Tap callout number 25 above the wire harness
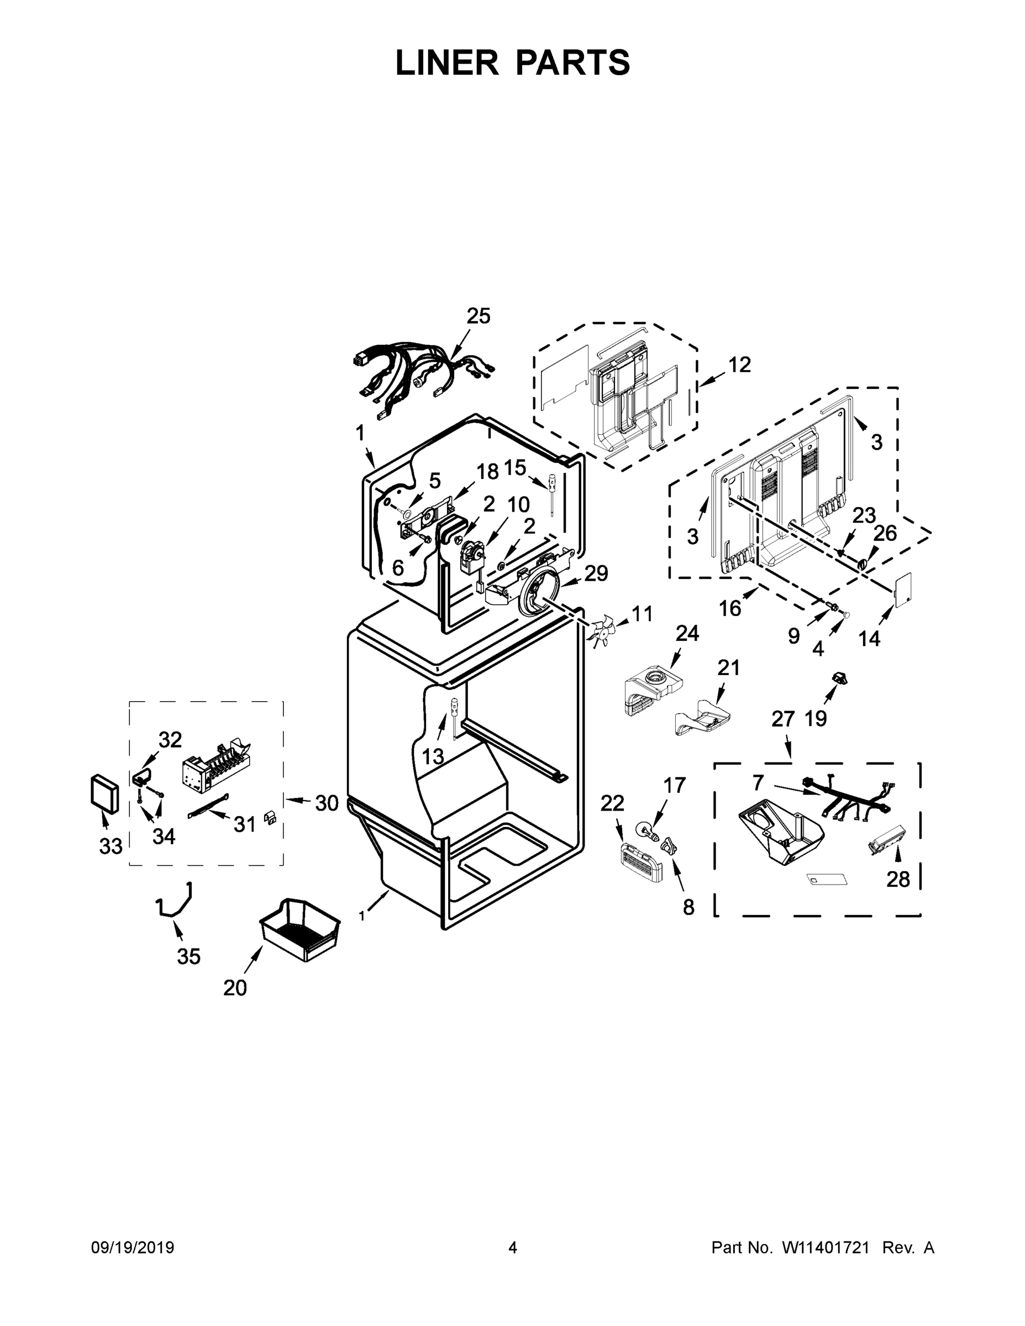(x=478, y=315)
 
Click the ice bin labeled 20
(x=299, y=929)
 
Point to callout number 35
(x=188, y=956)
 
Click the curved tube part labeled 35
(x=175, y=902)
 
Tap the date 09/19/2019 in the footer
(x=133, y=1248)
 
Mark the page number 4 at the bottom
(x=513, y=1248)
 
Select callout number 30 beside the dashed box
(x=326, y=803)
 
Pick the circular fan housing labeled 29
(x=536, y=590)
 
